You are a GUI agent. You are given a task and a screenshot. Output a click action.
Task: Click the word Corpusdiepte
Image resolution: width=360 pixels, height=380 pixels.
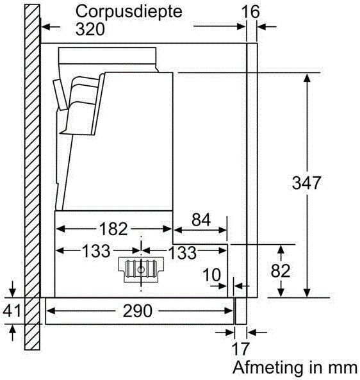pos(129,12)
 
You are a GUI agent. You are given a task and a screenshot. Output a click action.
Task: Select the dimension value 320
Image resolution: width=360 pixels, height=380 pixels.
pos(90,29)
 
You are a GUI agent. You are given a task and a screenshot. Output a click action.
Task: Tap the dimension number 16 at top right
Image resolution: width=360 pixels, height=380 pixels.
pos(250,12)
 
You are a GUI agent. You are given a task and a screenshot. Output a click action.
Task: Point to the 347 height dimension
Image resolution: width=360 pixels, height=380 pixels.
pos(306,183)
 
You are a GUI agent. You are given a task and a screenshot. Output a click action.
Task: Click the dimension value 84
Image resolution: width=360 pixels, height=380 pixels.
pos(201,220)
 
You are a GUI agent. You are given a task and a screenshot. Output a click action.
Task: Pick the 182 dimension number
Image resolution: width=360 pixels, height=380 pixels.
pos(113,229)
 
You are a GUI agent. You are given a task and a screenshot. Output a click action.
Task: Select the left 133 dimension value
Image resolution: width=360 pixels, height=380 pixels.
pos(96,251)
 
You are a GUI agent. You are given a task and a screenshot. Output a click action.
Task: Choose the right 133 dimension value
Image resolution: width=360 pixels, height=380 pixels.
pos(182,252)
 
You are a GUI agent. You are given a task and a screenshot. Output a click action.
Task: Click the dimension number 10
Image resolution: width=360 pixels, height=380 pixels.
pos(212,274)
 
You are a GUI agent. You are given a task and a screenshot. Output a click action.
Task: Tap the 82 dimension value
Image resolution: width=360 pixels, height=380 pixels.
pos(281,270)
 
